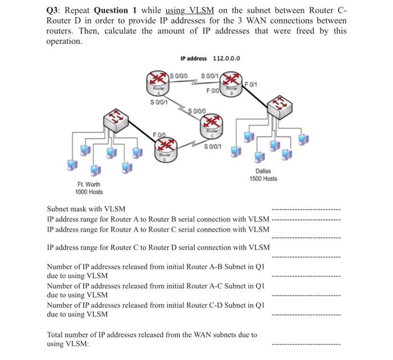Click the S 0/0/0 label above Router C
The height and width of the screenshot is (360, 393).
coord(198,111)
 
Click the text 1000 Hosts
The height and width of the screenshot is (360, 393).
coord(89,192)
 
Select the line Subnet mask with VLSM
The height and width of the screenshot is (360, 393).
coord(86,209)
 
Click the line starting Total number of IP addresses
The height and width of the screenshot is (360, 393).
coord(152,335)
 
